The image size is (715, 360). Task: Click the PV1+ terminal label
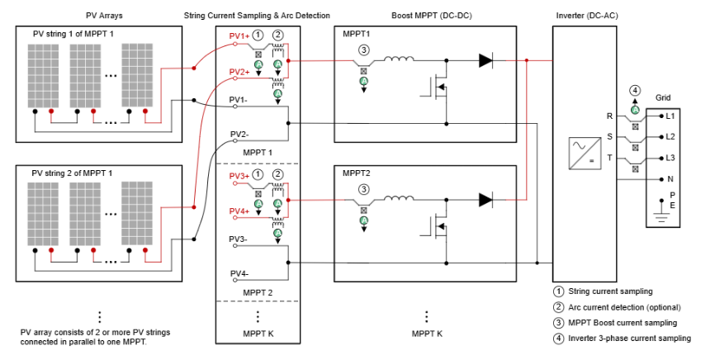tap(239, 37)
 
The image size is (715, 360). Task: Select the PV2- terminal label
tap(239, 134)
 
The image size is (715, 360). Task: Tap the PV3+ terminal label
tap(239, 177)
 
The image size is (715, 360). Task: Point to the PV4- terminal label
tap(239, 273)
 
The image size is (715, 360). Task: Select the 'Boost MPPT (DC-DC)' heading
tap(426, 15)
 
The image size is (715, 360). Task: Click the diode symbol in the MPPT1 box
tap(487, 60)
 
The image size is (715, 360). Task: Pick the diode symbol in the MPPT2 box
tap(487, 200)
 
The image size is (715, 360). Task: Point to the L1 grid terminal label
tap(670, 116)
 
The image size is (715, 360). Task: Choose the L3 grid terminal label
tap(670, 157)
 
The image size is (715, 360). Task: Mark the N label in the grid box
tap(670, 178)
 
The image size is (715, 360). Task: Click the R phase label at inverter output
tap(609, 116)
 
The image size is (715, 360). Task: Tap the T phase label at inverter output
tap(609, 157)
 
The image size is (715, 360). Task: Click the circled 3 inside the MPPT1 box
tap(363, 50)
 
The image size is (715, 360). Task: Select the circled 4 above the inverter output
tap(634, 90)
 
